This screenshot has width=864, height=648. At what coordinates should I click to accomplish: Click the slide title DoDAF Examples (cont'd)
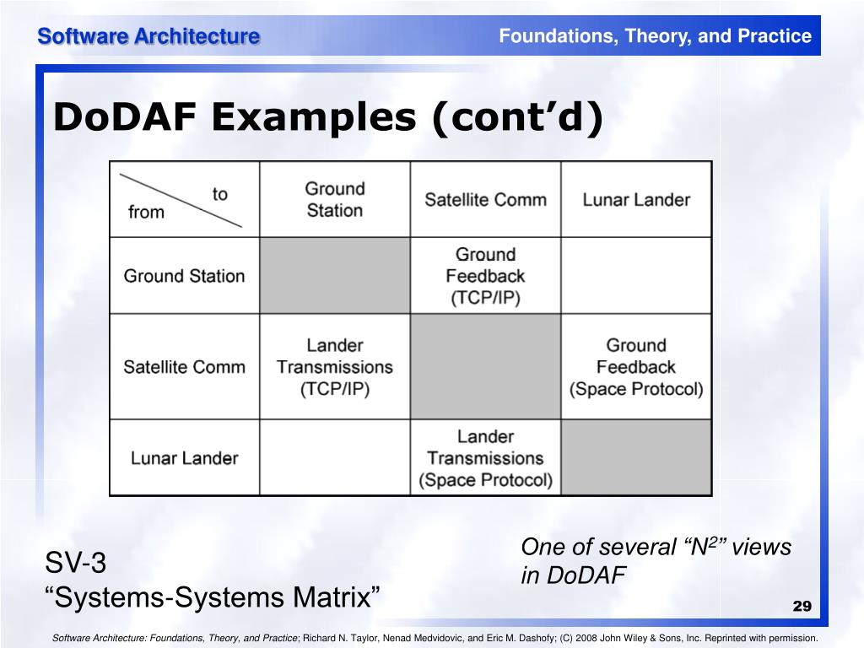[x=328, y=117]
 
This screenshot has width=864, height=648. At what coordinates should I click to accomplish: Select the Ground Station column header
[x=335, y=200]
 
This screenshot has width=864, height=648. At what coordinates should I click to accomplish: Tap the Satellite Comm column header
[x=485, y=200]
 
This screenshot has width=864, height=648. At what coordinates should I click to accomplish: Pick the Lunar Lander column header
[x=636, y=200]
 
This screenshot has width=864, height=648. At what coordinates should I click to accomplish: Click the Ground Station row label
[x=184, y=276]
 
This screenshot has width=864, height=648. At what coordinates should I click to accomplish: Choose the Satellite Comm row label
[x=184, y=367]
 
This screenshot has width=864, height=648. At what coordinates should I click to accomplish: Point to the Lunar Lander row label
[x=184, y=458]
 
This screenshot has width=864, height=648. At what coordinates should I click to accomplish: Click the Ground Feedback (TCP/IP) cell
[x=485, y=276]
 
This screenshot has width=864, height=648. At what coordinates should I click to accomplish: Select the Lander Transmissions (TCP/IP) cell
[x=335, y=367]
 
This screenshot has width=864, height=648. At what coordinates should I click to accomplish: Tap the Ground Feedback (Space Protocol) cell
[x=636, y=367]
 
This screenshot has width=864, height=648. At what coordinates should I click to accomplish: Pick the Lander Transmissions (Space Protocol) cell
[x=485, y=458]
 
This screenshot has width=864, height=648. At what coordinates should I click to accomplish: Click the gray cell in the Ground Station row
[x=335, y=276]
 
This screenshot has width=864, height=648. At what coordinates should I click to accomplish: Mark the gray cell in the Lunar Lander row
[x=636, y=458]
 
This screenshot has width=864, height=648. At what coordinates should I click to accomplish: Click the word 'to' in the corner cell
[x=220, y=194]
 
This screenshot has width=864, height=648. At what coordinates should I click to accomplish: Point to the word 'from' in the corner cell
[x=146, y=212]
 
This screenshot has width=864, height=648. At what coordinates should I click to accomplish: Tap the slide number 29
[x=802, y=607]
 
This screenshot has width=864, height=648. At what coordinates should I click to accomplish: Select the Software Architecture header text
[x=148, y=36]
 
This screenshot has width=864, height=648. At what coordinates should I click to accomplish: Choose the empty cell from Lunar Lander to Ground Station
[x=335, y=458]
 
